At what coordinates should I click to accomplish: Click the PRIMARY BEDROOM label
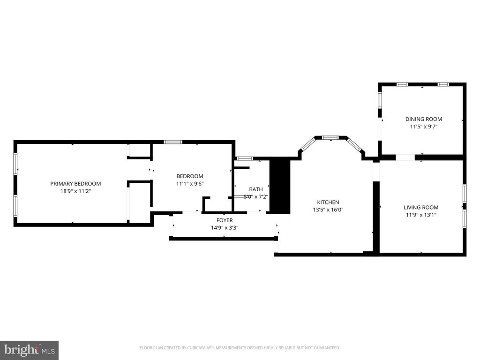[75, 184]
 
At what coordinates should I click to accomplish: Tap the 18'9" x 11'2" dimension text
[75, 191]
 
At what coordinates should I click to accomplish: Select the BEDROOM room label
[189, 176]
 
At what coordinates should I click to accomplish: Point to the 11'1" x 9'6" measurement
[189, 184]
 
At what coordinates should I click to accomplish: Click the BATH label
[256, 189]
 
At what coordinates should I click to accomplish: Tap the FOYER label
[224, 220]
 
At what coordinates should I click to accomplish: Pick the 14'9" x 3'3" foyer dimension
[224, 228]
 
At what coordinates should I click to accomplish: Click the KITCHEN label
[328, 202]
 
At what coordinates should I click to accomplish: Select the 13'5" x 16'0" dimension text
[328, 210]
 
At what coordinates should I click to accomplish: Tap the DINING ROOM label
[423, 119]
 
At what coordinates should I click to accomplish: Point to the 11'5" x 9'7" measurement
[423, 127]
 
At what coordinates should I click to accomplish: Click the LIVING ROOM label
[421, 207]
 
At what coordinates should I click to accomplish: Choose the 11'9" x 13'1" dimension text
[421, 215]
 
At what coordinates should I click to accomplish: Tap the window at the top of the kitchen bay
[330, 137]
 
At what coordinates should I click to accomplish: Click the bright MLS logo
[29, 350]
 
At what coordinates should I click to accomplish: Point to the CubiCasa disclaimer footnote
[240, 348]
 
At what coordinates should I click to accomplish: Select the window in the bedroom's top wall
[172, 142]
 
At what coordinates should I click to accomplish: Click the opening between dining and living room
[405, 157]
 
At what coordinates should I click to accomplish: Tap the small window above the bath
[244, 158]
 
